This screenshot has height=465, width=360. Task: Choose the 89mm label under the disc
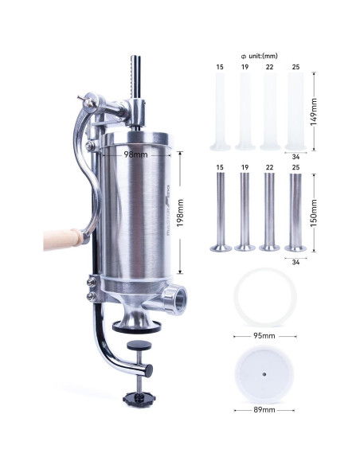pos(263,410)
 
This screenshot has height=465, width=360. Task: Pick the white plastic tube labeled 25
pos(296,111)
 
